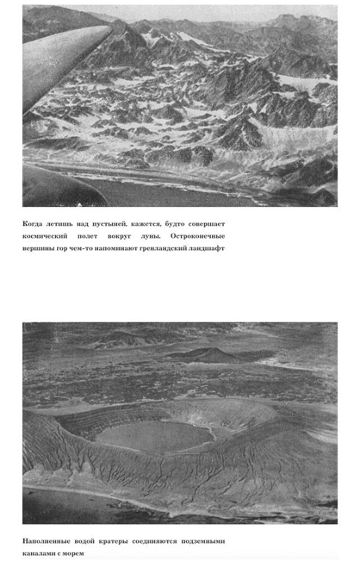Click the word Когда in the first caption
(33, 224)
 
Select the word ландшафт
(207, 248)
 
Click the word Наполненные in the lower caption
(45, 541)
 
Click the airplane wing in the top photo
(62, 62)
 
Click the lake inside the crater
(151, 436)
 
